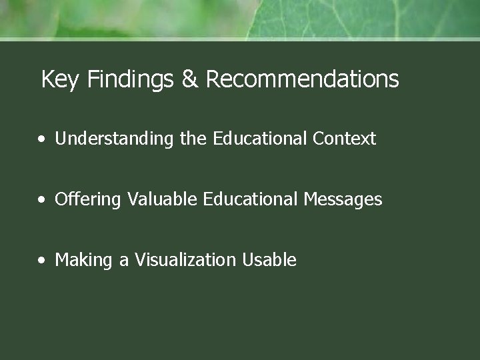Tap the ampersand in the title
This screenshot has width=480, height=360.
click(x=189, y=80)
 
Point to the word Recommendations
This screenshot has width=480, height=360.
click(x=302, y=80)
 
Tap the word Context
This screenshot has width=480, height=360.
click(x=345, y=139)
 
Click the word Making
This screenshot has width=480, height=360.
click(x=83, y=260)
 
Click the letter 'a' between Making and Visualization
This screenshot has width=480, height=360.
click(x=124, y=261)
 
